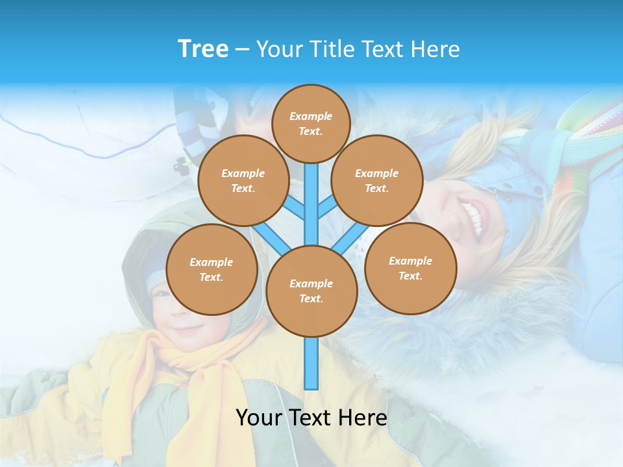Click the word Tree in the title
[x=203, y=49]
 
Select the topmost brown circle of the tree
[x=311, y=123]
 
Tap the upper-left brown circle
[x=243, y=180]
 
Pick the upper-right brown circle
[x=377, y=180]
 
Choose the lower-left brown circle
[x=212, y=269]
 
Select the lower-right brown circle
[x=411, y=268]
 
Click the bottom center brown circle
[x=311, y=291]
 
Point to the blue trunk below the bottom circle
[x=311, y=363]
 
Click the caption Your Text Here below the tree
[x=311, y=418]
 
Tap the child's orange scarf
[x=195, y=363]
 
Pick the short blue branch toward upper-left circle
[x=293, y=207]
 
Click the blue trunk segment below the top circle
[x=311, y=195]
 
